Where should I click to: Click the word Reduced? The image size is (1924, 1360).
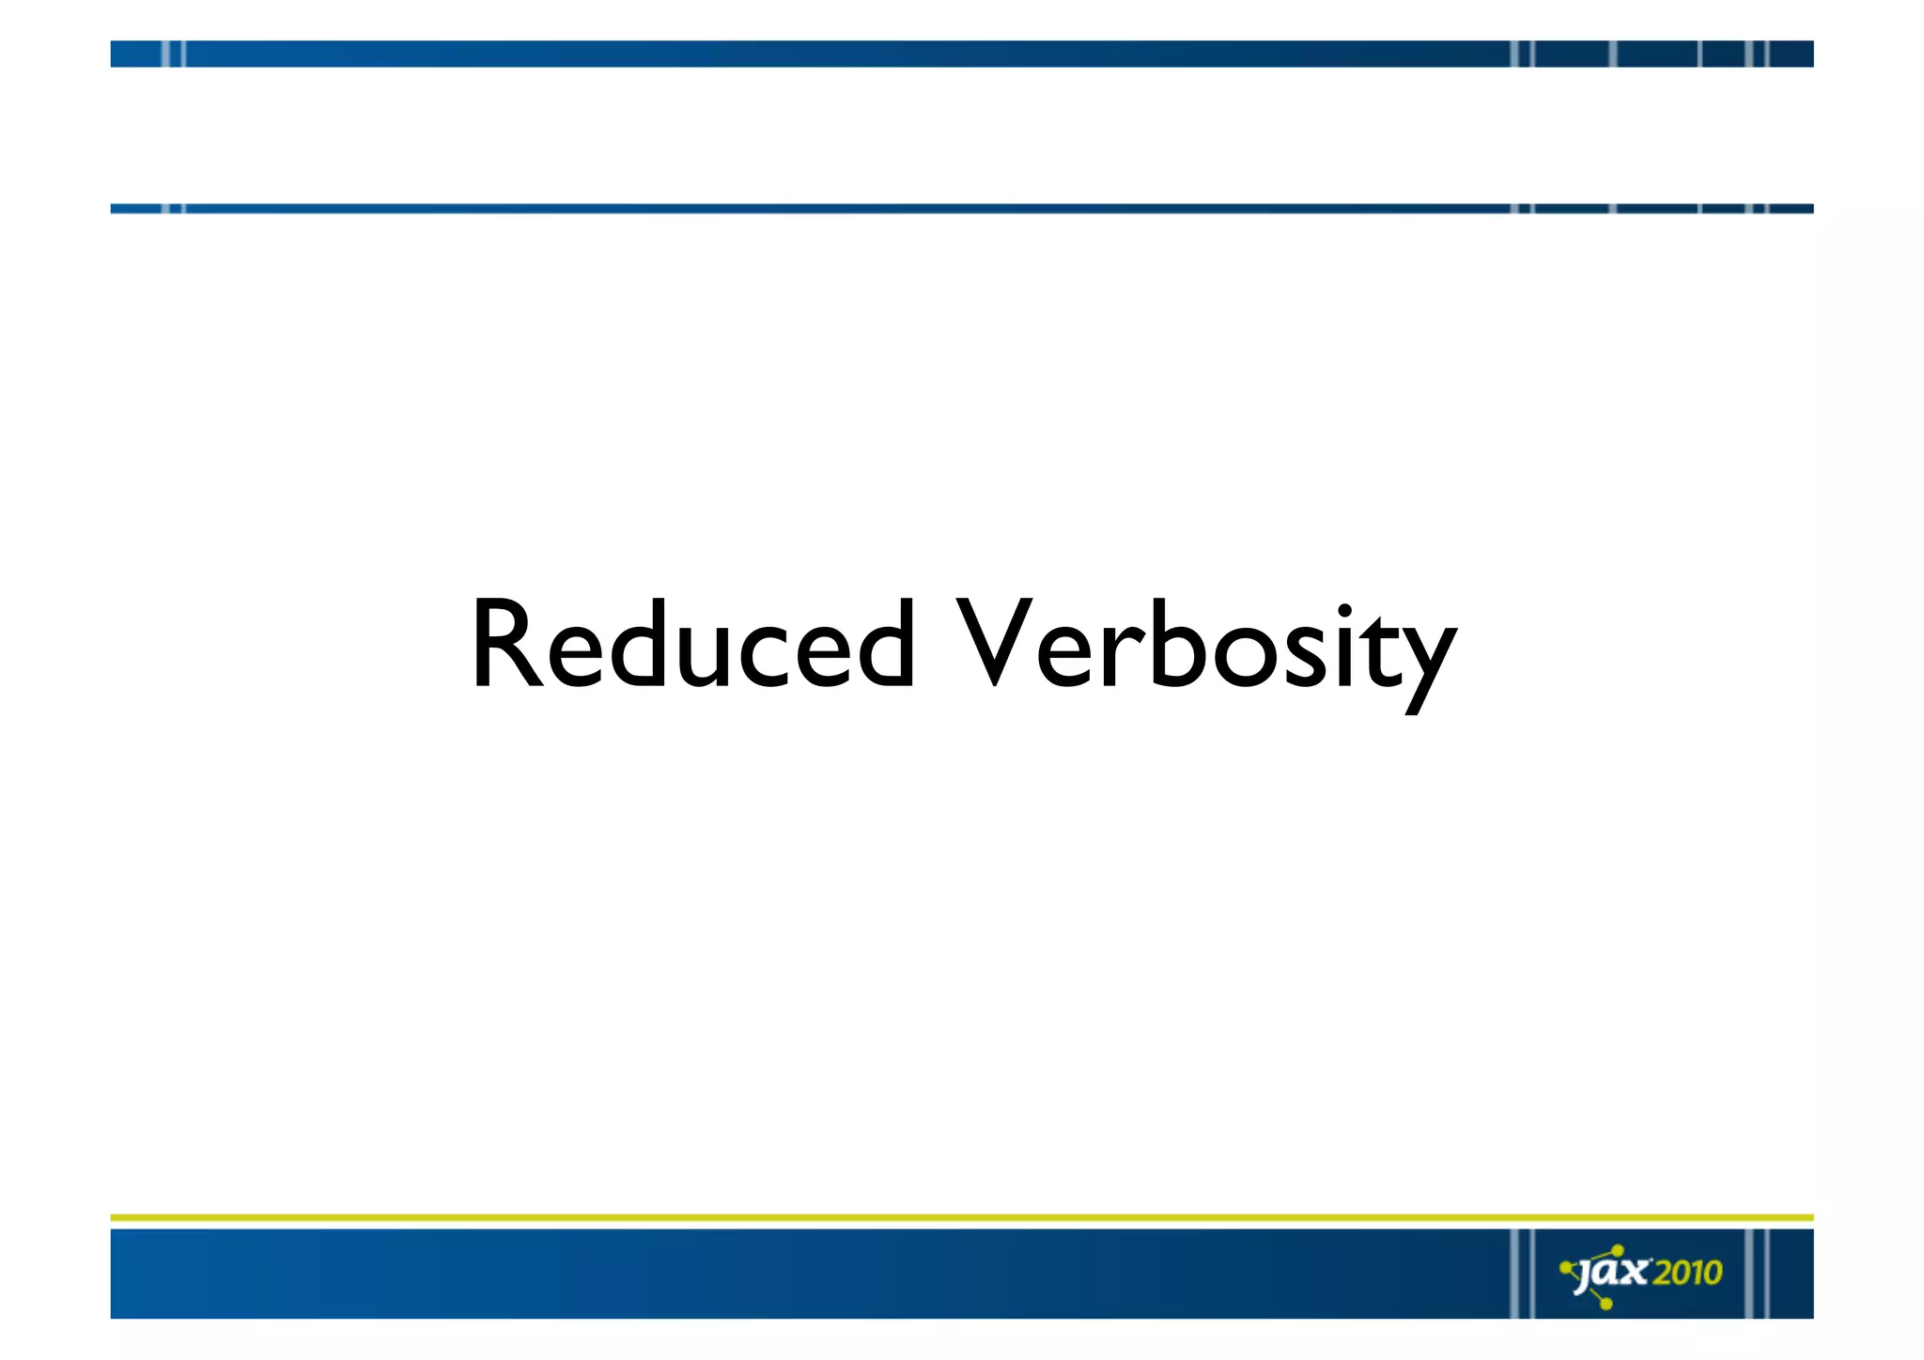pos(692,646)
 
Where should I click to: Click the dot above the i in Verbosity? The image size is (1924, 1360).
pos(1344,612)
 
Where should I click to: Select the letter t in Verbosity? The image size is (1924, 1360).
pos(1375,649)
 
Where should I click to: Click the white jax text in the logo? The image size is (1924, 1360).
pos(1612,1274)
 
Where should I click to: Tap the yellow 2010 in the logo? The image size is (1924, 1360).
pos(1687,1273)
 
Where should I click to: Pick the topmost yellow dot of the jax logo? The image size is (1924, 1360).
pos(1618,1250)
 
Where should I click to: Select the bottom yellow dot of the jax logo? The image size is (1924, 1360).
pos(1606,1304)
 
